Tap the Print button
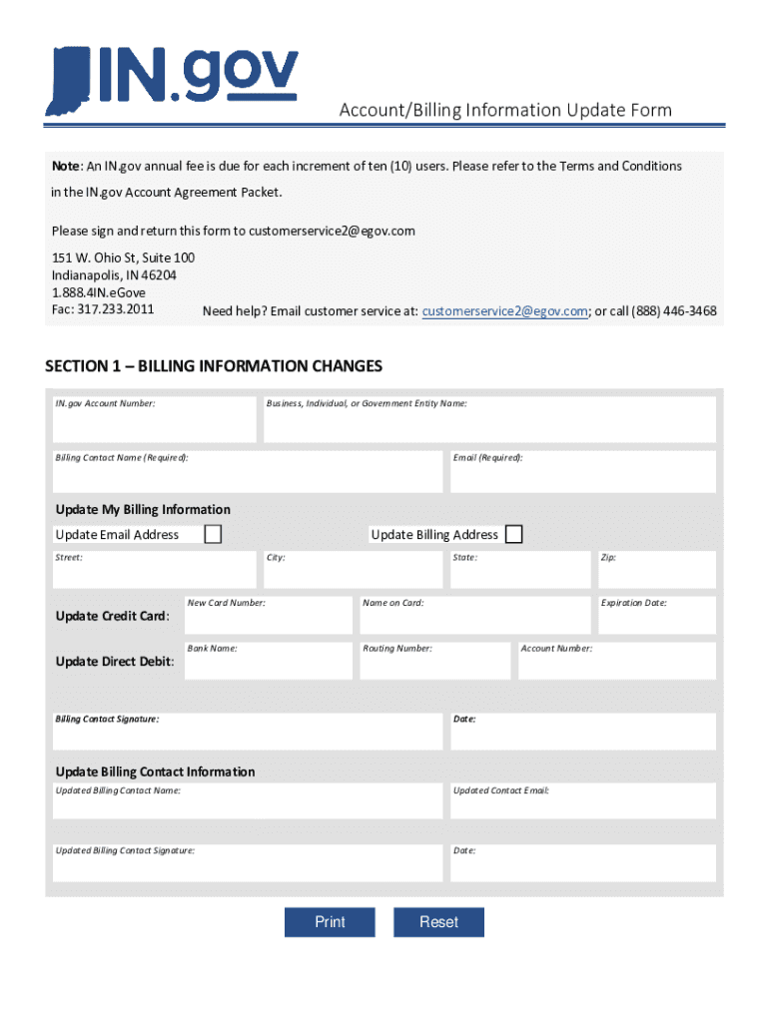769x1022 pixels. [x=330, y=922]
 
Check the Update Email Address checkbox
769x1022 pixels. [x=213, y=535]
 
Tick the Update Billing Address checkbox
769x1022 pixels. [x=513, y=535]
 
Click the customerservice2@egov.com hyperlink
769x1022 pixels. [x=504, y=311]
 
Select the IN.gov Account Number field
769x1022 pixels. [x=155, y=420]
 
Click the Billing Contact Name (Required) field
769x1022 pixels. [x=248, y=472]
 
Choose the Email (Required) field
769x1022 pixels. [x=582, y=472]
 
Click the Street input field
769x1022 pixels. [x=155, y=570]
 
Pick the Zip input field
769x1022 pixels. [x=655, y=570]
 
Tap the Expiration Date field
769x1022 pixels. [x=655, y=616]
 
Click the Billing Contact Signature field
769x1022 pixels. [x=248, y=732]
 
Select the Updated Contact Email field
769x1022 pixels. [x=582, y=801]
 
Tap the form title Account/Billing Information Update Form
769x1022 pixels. [x=504, y=110]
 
